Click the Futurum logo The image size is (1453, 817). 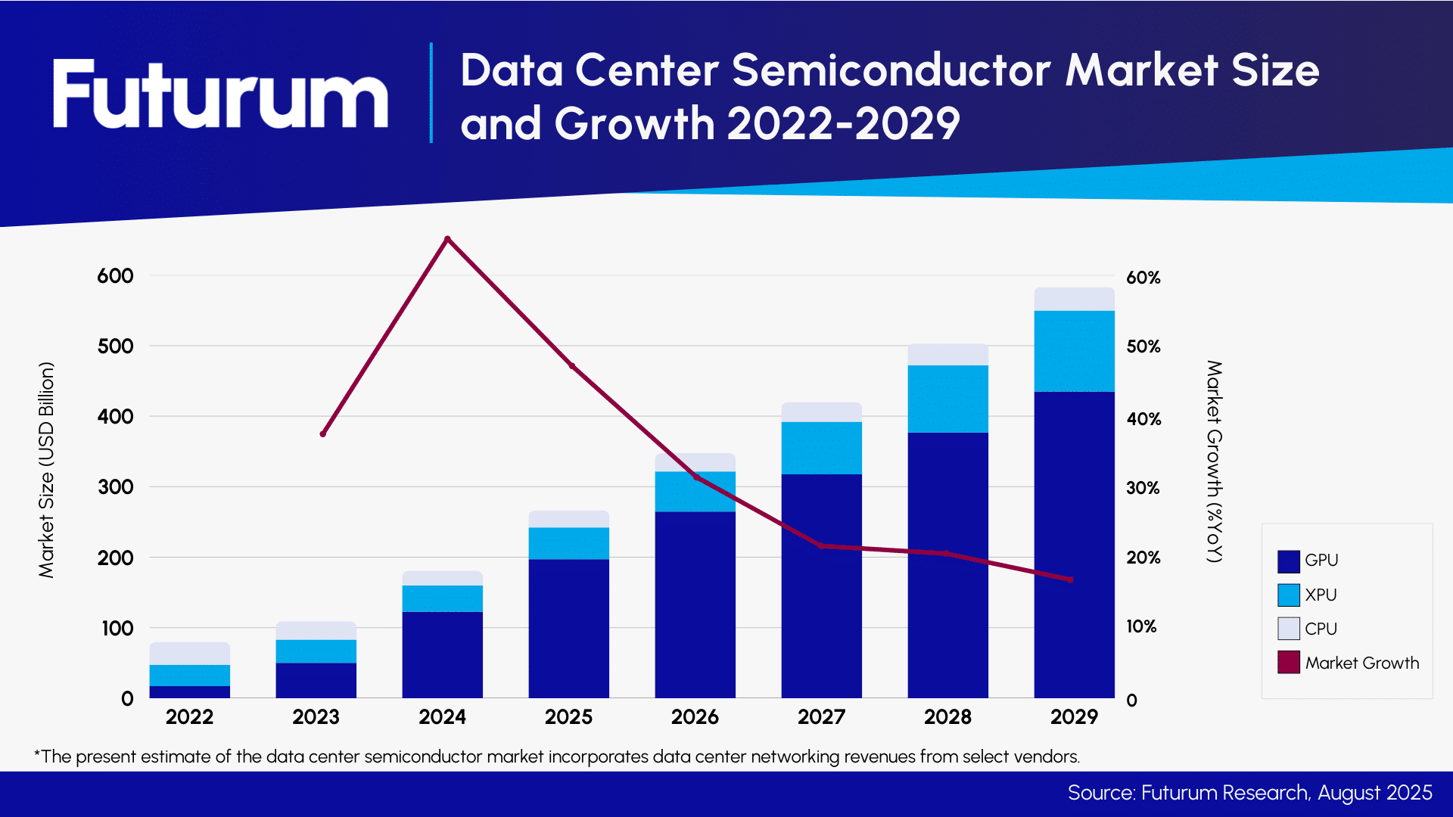click(220, 94)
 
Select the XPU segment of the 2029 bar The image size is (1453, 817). click(1074, 351)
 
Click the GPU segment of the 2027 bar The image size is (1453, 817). click(821, 586)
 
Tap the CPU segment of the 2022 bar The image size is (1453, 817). click(189, 654)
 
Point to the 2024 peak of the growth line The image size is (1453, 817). click(447, 239)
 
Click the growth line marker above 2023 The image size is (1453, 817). click(323, 433)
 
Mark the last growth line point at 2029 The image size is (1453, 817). click(1070, 579)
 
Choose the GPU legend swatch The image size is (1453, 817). click(1288, 561)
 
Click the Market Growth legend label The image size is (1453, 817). click(1361, 663)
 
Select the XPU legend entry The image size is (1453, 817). click(1320, 595)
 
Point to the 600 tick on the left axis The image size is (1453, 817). click(115, 276)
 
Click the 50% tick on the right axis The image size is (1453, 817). click(1143, 346)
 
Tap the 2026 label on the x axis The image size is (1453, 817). click(695, 717)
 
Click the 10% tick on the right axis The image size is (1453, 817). click(1141, 626)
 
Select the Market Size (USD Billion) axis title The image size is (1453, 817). click(47, 470)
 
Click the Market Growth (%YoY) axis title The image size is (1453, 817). click(1214, 461)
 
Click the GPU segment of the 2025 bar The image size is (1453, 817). click(568, 628)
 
